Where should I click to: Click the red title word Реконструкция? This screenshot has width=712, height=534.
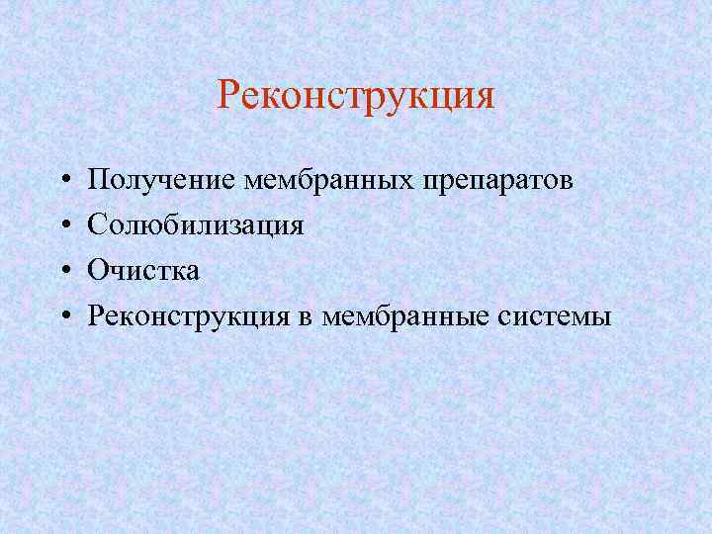[355, 97]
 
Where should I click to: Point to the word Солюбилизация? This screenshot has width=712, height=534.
[195, 225]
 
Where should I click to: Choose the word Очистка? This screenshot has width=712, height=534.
[142, 271]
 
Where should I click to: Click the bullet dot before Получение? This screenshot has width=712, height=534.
[61, 181]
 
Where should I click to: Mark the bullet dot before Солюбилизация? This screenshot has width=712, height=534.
[61, 226]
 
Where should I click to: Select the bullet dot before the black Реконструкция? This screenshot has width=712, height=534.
[61, 317]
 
